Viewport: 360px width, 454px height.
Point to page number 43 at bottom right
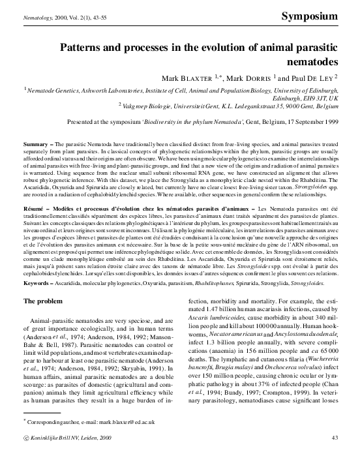[x=334, y=437]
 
